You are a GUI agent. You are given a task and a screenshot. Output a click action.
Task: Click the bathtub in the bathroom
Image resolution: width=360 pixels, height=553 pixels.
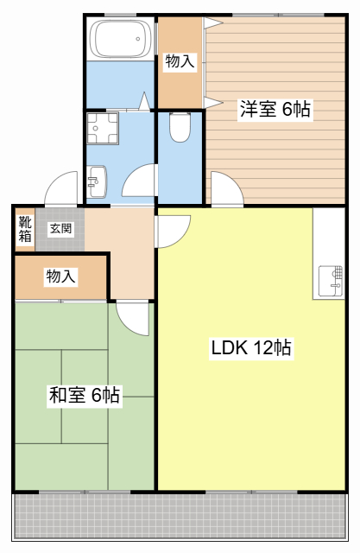[121, 39]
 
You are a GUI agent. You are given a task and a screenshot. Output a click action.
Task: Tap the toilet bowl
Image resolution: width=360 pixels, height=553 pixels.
[180, 127]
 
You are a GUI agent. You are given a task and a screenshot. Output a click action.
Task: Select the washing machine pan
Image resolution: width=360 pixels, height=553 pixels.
[103, 129]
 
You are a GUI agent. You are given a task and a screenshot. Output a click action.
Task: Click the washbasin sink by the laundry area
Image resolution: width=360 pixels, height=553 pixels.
[97, 181]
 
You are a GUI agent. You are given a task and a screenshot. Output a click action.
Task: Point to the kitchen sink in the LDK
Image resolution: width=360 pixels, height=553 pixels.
[331, 281]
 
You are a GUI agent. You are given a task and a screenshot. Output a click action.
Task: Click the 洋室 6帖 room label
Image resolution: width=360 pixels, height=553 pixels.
[275, 109]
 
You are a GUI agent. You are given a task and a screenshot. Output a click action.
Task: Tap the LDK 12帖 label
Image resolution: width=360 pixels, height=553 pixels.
[251, 347]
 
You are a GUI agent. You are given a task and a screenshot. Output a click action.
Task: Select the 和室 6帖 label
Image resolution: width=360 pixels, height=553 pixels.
[85, 395]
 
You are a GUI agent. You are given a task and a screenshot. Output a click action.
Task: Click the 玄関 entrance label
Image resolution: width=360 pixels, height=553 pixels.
[61, 228]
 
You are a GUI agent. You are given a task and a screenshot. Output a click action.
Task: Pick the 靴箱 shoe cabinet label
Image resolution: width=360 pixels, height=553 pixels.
[25, 229]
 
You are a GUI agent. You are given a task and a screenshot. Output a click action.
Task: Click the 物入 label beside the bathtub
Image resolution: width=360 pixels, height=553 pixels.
[180, 61]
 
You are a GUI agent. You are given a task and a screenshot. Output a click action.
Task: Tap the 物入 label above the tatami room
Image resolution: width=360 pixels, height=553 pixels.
[61, 276]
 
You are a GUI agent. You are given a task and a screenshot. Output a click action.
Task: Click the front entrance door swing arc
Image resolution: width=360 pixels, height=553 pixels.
[56, 181]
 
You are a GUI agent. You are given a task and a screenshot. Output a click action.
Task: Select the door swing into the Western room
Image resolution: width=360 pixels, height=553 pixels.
[232, 181]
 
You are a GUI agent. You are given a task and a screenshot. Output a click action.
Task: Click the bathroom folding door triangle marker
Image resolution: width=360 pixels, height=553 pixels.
[144, 101]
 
